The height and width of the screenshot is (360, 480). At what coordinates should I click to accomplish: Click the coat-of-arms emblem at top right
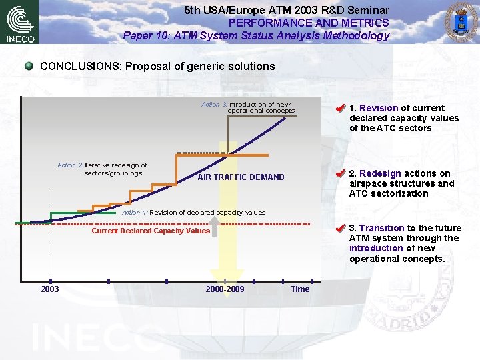[460, 22]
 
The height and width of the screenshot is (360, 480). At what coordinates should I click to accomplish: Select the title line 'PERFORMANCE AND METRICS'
[309, 23]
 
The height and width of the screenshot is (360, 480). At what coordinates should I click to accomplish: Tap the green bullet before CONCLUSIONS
[29, 66]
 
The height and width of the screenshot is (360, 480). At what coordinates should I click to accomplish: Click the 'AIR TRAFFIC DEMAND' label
[241, 177]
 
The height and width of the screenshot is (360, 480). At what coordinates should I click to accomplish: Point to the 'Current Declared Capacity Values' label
[151, 231]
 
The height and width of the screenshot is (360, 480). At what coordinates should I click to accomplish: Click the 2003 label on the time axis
[50, 289]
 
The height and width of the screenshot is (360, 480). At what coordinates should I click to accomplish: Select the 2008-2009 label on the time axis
[225, 289]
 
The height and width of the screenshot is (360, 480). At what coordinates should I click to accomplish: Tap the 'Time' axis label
[300, 289]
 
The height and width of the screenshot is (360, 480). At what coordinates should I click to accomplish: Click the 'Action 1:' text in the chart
[135, 213]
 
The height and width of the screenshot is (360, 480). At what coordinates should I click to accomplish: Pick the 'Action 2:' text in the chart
[70, 165]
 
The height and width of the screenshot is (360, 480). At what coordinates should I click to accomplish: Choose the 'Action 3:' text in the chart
[214, 105]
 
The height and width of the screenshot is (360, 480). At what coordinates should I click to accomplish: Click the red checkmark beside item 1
[340, 108]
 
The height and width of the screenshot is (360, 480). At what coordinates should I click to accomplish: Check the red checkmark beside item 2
[340, 173]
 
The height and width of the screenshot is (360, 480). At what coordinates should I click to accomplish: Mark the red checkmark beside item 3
[340, 228]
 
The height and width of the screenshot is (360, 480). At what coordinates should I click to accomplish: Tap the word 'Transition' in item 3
[381, 228]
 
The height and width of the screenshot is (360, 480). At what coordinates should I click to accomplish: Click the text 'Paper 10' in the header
[143, 36]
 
